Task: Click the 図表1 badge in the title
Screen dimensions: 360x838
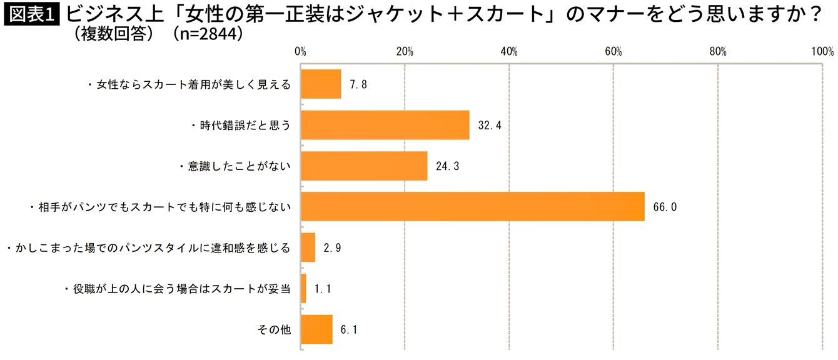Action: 31,14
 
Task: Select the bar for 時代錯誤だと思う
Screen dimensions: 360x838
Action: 385,125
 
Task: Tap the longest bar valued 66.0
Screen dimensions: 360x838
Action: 473,206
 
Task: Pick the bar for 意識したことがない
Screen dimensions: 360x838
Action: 364,166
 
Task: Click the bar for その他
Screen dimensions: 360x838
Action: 316,329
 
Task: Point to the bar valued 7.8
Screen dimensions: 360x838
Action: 321,84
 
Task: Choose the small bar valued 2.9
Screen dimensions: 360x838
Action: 308,247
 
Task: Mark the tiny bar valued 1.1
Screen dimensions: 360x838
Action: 304,289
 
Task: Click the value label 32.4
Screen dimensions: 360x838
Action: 490,126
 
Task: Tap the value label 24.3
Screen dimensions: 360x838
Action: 448,166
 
